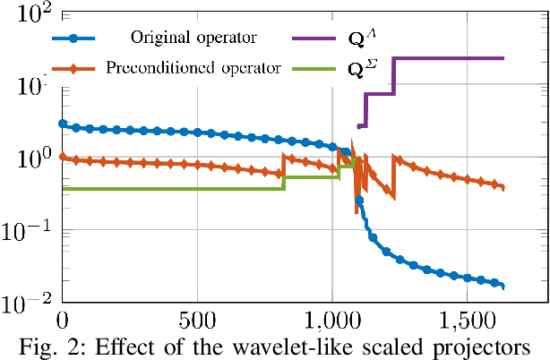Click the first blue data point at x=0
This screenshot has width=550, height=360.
62,124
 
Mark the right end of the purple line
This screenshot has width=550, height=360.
503,58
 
